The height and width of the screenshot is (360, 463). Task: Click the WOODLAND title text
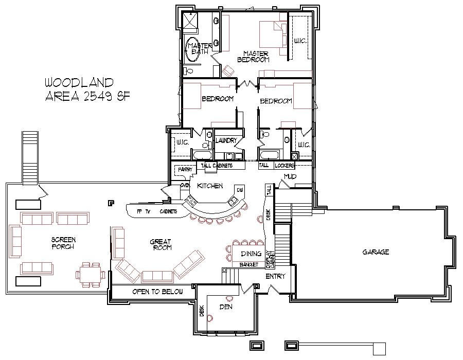(79, 82)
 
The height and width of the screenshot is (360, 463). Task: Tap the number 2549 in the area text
(98, 97)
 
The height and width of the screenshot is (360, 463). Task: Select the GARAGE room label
(376, 252)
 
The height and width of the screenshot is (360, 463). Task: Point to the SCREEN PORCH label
(63, 243)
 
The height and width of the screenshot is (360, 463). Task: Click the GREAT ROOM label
(161, 245)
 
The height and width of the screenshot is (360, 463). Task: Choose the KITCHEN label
(209, 186)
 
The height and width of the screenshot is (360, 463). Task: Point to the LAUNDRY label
(226, 140)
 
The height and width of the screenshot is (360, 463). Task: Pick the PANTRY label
(185, 169)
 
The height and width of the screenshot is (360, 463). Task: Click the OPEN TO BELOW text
(157, 292)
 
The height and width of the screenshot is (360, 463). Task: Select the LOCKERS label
(284, 166)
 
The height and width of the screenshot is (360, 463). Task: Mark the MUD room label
(290, 177)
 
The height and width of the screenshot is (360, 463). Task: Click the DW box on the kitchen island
(240, 190)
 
